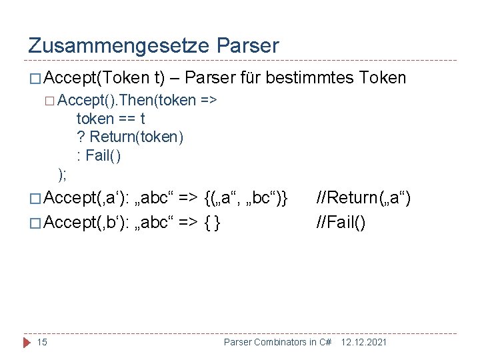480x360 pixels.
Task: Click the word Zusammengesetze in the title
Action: [119, 45]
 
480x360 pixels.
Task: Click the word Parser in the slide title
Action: [248, 45]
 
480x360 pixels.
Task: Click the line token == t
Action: [111, 119]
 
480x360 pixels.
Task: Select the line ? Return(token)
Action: [130, 137]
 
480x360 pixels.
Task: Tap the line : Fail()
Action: [99, 156]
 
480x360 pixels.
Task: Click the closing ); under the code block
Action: [62, 174]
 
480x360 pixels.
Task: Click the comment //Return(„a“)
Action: [364, 197]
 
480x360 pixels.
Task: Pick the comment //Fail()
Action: [341, 222]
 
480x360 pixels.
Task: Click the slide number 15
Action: [42, 342]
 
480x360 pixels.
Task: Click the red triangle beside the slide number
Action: [27, 342]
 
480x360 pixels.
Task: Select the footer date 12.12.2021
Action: [364, 342]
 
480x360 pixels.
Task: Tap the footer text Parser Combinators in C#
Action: [277, 342]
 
